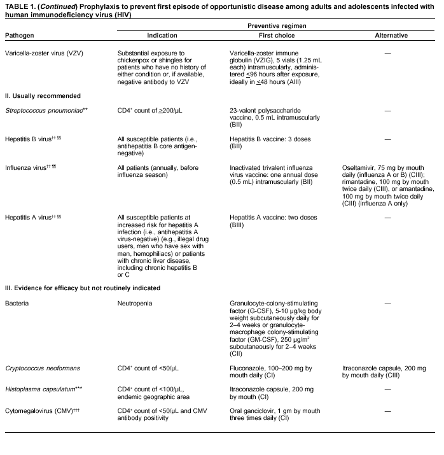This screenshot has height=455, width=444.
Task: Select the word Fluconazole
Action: (248, 368)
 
